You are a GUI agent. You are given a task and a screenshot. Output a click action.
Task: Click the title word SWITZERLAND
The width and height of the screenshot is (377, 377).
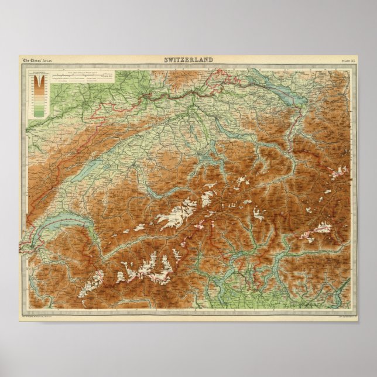[188, 59]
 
